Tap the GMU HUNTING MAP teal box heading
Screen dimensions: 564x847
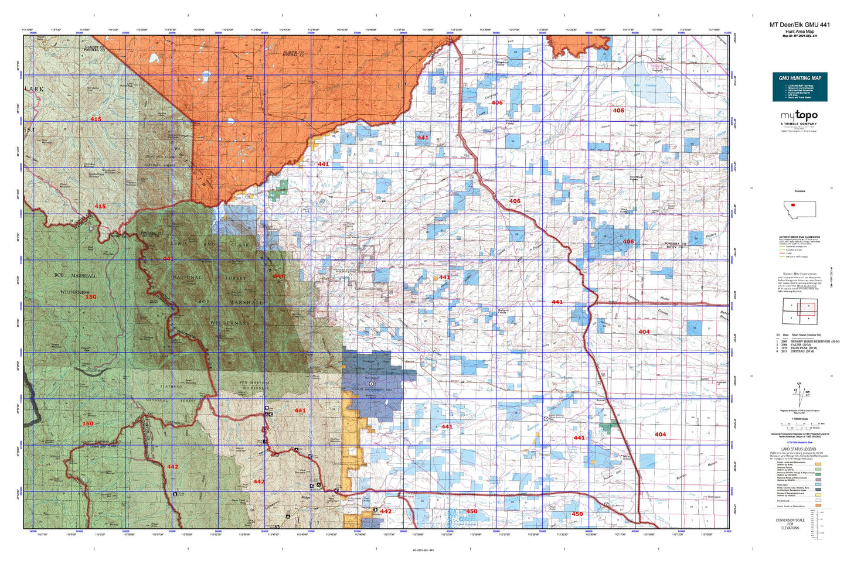pyautogui.click(x=800, y=78)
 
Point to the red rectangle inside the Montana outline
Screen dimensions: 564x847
pyautogui.click(x=792, y=205)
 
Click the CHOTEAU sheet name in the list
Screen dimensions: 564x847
pyautogui.click(x=802, y=351)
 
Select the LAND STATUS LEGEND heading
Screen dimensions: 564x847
pyautogui.click(x=799, y=449)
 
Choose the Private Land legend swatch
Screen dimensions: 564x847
pyautogui.click(x=818, y=501)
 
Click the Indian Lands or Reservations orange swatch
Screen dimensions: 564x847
pyautogui.click(x=818, y=505)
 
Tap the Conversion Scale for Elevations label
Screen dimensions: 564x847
pyautogui.click(x=790, y=524)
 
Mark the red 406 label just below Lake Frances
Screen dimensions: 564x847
pyautogui.click(x=618, y=110)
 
